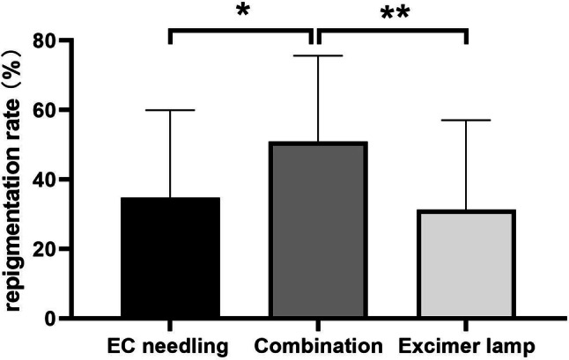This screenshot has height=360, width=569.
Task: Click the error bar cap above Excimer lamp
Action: coord(464,120)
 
